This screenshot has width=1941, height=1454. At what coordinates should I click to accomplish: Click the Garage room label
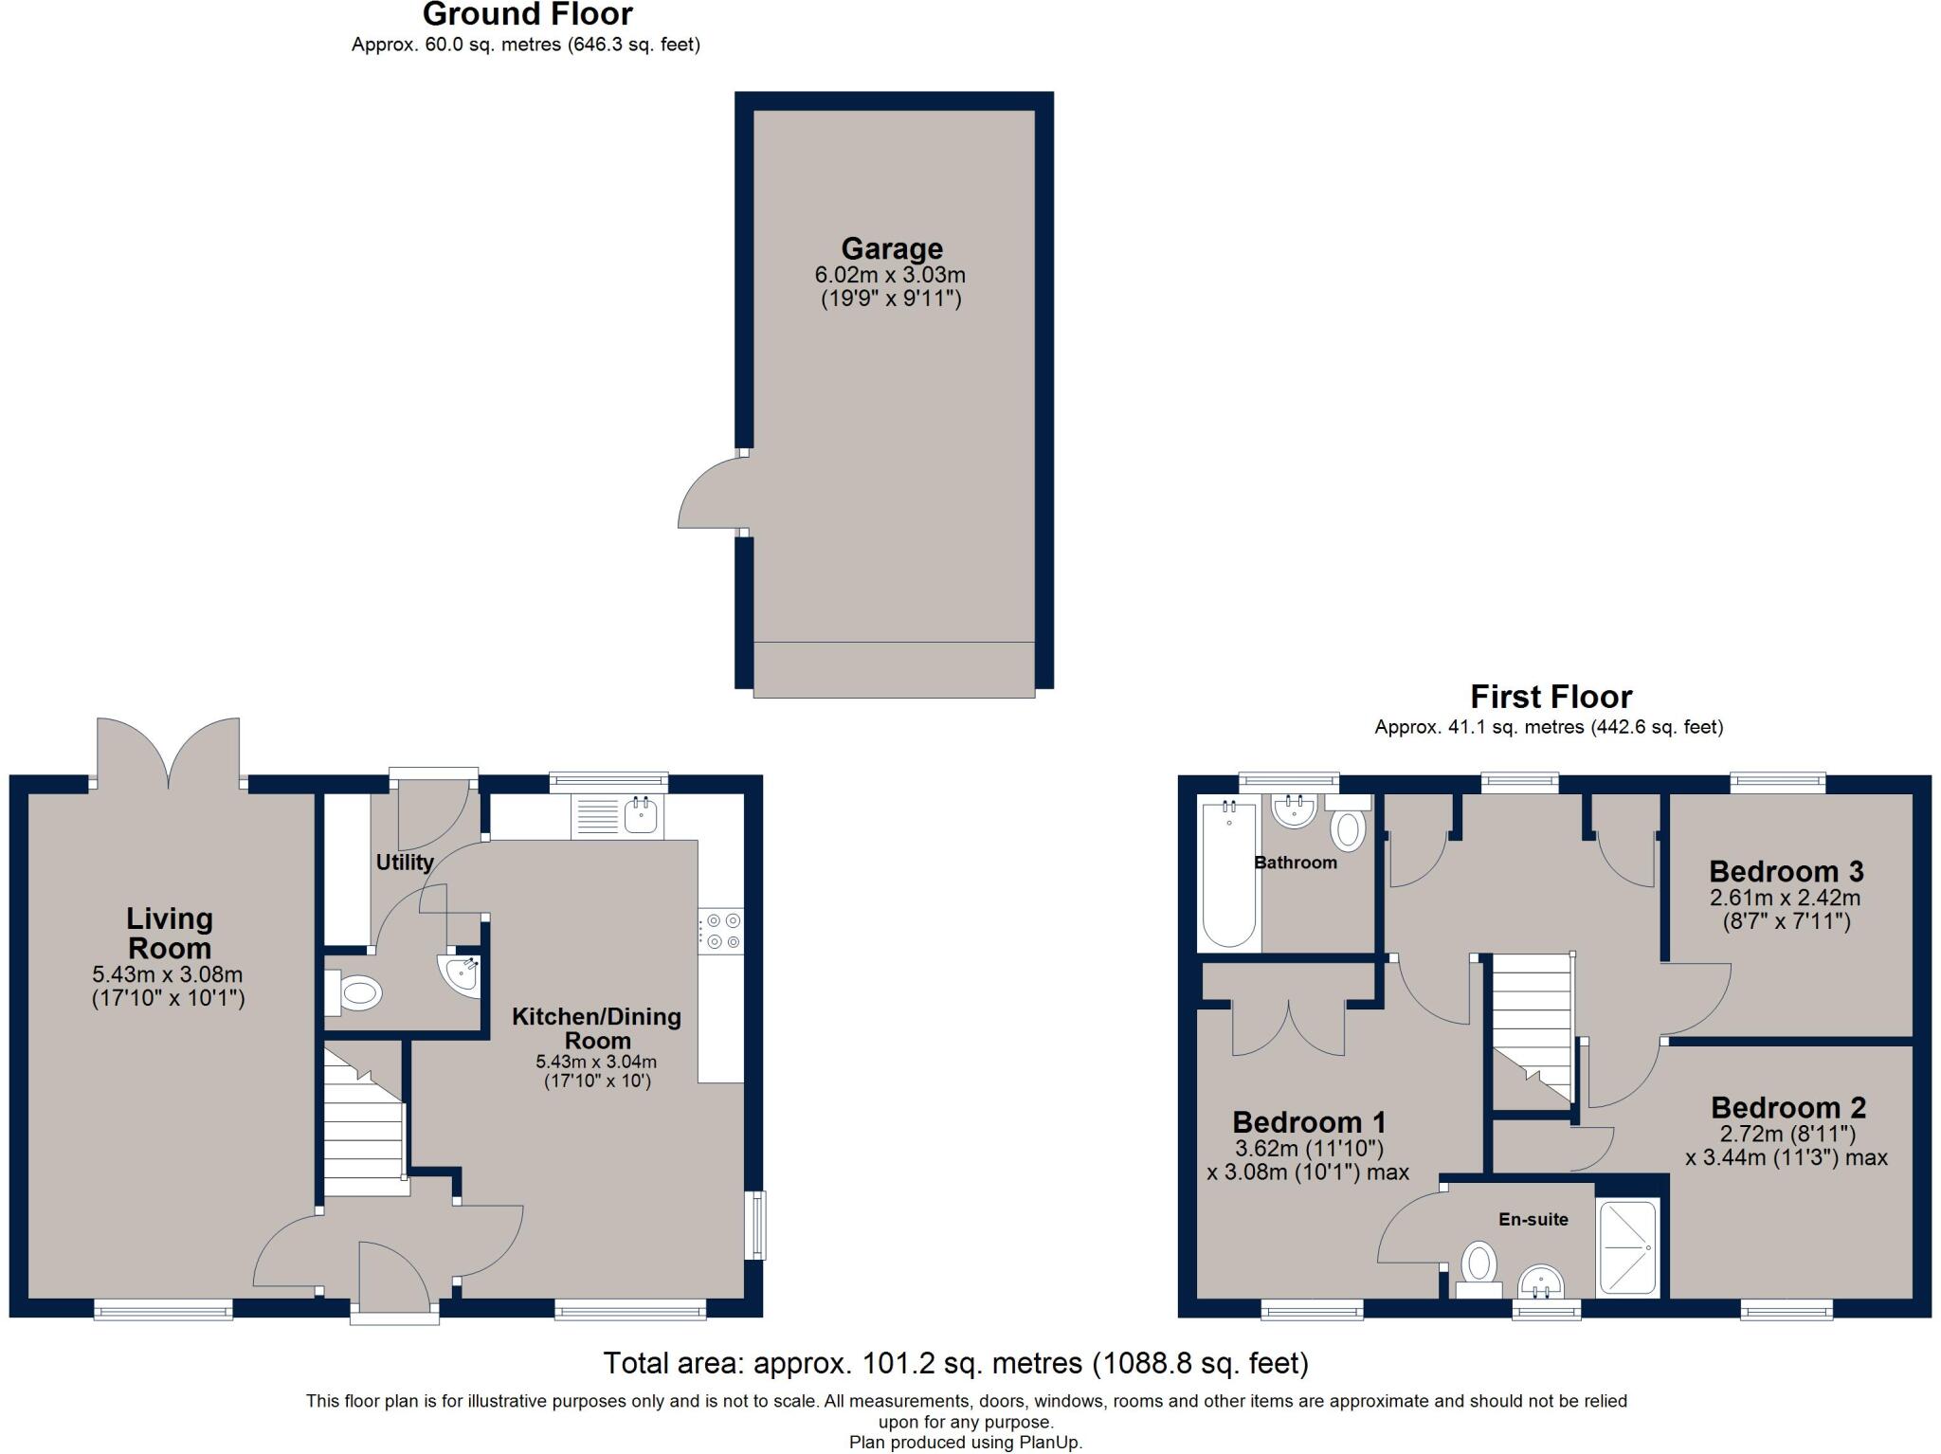pos(891,249)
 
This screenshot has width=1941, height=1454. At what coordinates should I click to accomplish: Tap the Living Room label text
pos(170,933)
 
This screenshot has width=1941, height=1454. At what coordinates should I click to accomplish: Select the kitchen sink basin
pos(641,814)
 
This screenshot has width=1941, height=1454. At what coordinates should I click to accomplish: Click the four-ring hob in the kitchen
pos(721,930)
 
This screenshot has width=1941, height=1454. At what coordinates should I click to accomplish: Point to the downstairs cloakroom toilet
pos(354,993)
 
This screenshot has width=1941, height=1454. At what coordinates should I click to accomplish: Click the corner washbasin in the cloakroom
pos(461,972)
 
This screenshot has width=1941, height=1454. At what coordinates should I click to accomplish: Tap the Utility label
pos(405,863)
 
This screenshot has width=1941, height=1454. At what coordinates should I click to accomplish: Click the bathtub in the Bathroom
pos(1228,875)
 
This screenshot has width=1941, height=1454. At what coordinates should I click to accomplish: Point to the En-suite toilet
pos(1478,1268)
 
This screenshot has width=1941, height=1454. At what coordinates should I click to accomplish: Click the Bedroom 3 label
pos(1786,871)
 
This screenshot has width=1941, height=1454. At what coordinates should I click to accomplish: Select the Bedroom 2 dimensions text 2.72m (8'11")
pos(1787,1134)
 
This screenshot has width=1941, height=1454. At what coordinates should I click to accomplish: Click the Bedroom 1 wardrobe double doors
pos(1289,1029)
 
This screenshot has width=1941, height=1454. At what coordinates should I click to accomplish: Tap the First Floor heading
pos(1551,697)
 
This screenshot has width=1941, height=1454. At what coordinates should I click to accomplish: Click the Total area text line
pos(955,1363)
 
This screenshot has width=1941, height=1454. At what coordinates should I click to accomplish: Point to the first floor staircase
pos(1532,1028)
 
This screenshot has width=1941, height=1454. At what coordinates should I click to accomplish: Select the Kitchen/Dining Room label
pos(596,1028)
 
